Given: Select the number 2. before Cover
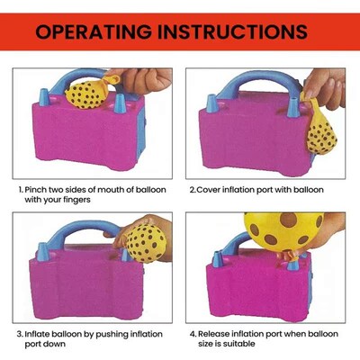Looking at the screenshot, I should click(x=193, y=190).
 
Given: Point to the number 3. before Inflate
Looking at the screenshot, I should click(x=22, y=332).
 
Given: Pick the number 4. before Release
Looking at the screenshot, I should click(x=193, y=332).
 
